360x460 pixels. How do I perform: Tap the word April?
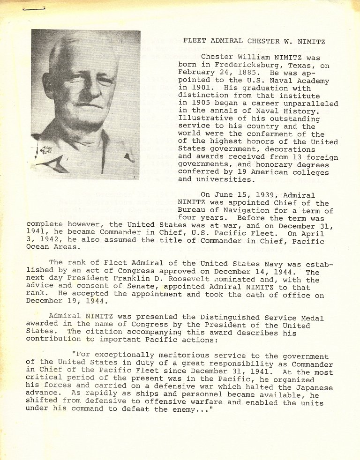point(313,234)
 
